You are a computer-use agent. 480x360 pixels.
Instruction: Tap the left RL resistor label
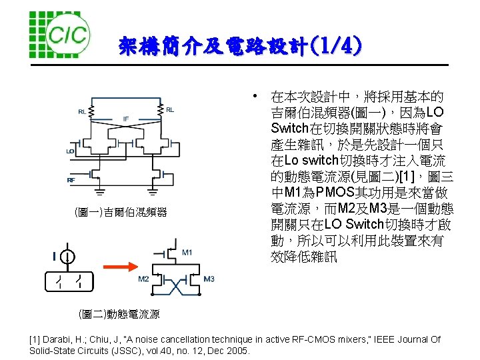pos(82,111)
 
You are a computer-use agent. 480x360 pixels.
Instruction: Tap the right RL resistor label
pos(170,110)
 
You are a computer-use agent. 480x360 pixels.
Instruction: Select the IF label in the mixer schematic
pos(126,119)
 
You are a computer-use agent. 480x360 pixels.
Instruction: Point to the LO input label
pos(70,151)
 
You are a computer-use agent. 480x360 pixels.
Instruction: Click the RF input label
pos(71,180)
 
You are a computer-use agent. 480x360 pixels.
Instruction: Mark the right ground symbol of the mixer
pos(153,192)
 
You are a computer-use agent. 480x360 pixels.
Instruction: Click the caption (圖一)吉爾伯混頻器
pos(121,213)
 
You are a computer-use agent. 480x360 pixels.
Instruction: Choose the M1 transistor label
pos(187,252)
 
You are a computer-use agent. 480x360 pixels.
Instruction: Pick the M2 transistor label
pos(143,279)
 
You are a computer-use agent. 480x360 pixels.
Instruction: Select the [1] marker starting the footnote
pos(35,340)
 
